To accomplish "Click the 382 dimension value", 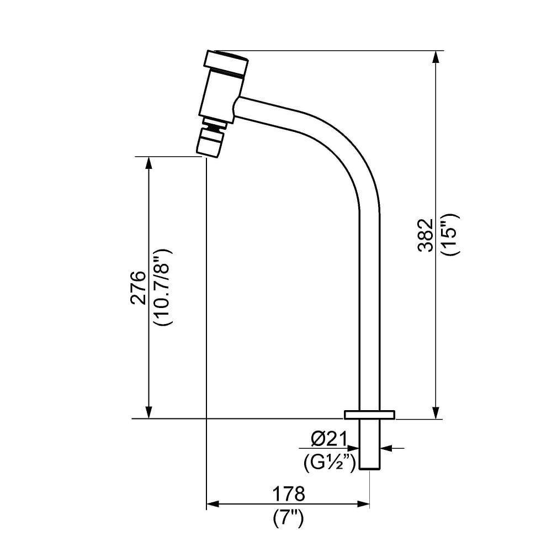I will click(426, 235).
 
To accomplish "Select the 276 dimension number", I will click(138, 288).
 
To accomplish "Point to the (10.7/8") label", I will click(164, 288).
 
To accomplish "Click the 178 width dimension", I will click(288, 493).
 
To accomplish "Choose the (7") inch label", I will click(288, 518).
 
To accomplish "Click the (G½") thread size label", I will click(330, 463).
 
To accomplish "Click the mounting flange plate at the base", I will click(369, 415).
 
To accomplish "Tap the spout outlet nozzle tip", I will click(209, 144).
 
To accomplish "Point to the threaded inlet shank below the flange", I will click(369, 444).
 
